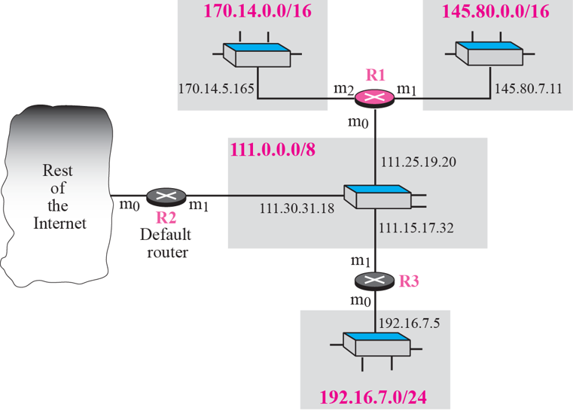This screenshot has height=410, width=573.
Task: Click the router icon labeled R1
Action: [375, 97]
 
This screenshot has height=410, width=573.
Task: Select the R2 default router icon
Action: [164, 197]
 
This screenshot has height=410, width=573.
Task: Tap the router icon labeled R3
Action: [375, 281]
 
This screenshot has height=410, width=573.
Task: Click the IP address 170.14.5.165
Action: [215, 90]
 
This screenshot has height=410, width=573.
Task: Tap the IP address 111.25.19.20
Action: [419, 162]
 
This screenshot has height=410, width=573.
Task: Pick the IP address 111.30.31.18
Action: [297, 208]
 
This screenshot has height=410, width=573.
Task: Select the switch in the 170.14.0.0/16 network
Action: [257, 54]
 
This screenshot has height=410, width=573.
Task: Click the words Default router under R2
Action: [164, 242]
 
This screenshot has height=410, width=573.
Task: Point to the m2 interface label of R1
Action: [343, 90]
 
